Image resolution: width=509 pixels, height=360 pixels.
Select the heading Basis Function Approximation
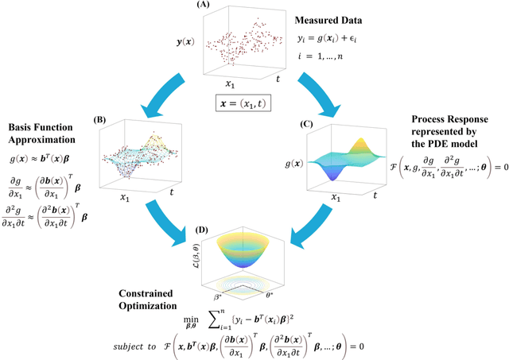click(42, 133)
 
